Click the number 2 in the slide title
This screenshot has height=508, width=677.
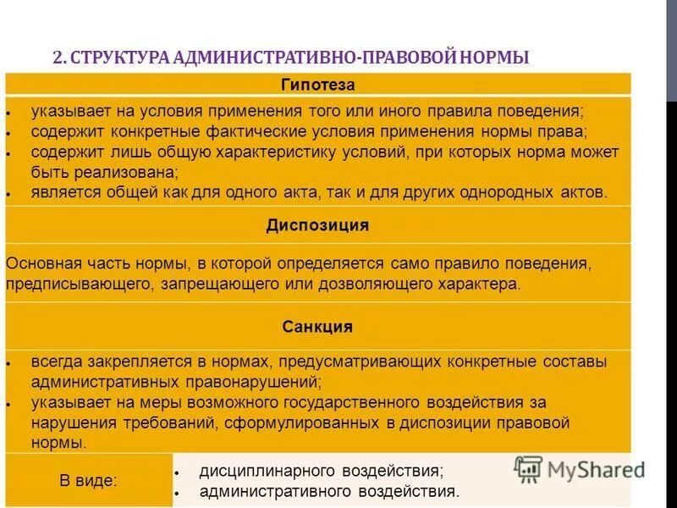[57, 58]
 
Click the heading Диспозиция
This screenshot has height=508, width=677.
[317, 226]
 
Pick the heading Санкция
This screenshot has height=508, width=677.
[317, 327]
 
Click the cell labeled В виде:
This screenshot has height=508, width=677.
[89, 480]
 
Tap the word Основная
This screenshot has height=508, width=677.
[41, 263]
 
